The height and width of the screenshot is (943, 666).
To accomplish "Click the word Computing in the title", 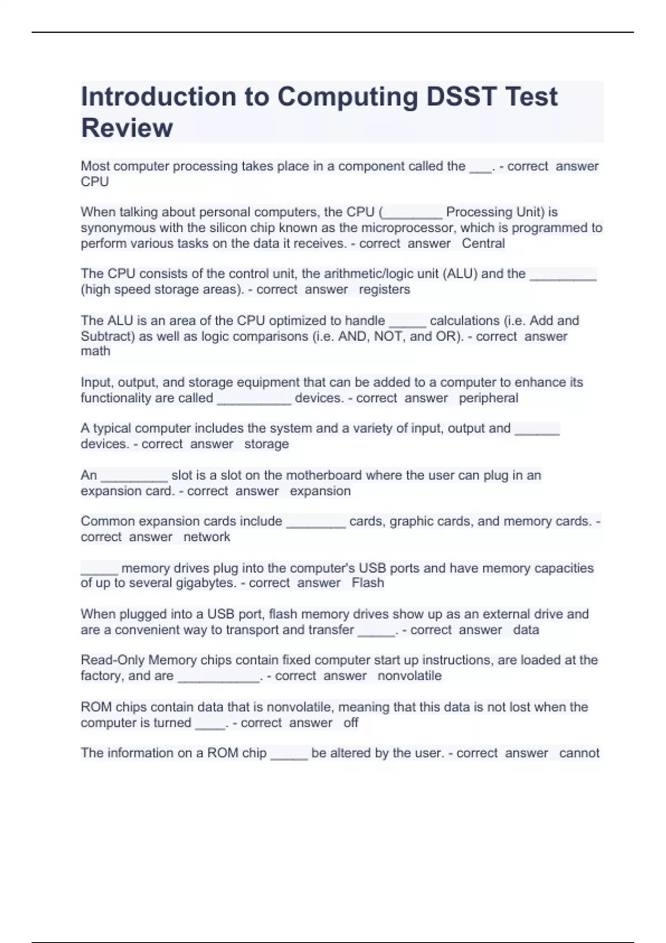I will tap(347, 97).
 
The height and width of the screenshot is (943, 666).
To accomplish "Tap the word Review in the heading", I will tap(127, 128).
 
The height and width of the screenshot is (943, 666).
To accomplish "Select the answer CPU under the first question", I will tap(94, 182).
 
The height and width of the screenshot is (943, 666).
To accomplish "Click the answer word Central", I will tap(483, 244).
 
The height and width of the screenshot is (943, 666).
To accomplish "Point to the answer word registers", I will tap(384, 290).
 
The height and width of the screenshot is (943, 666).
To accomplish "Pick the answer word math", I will tap(95, 351).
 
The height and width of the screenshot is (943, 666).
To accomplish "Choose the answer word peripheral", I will tap(488, 398).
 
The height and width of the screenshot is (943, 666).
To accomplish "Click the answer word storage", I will tap(266, 444).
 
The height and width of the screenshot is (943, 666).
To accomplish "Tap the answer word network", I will tap(206, 537).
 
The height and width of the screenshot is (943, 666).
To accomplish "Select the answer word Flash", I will tap(367, 583).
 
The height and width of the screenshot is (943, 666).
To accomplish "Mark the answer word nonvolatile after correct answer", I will tap(410, 676).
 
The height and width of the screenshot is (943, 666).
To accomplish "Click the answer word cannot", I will tap(579, 753).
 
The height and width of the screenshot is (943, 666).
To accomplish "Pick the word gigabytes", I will tap(206, 583).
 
